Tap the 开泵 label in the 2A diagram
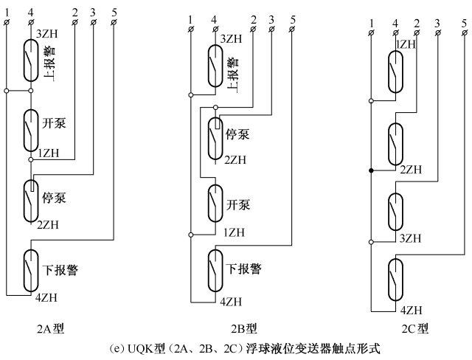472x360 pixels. (54, 123)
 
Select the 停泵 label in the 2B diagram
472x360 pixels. (236, 134)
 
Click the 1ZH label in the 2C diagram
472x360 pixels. (408, 44)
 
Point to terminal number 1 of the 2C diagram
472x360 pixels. (370, 24)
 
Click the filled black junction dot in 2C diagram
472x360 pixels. (370, 170)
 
